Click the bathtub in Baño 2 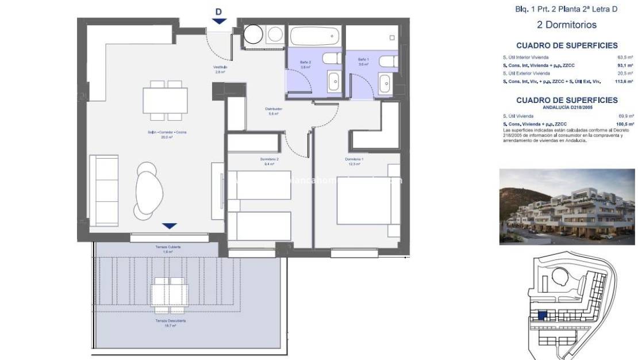313,37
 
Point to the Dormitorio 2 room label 270,161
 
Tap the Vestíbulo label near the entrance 220,70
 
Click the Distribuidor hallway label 273,111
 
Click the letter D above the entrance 218,11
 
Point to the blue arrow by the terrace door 170,226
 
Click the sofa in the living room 106,190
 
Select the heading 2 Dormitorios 558,25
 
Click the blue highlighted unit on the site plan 541,315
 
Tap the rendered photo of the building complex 567,206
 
